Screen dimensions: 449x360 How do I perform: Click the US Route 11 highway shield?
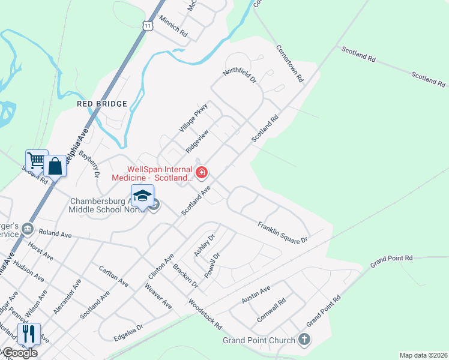(x=148, y=24)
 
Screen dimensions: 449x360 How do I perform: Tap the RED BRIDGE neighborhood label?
(x=102, y=104)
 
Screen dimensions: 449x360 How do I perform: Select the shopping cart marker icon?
(x=36, y=160)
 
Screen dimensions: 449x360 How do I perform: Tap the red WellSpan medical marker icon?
(x=202, y=174)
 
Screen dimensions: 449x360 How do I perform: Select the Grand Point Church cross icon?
(x=304, y=340)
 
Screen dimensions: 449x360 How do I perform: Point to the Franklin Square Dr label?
(x=282, y=232)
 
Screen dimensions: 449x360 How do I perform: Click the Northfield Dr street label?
(x=240, y=75)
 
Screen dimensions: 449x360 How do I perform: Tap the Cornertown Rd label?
(x=290, y=63)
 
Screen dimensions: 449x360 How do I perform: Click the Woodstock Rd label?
(x=205, y=314)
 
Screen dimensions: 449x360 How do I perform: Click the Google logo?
(x=19, y=353)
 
